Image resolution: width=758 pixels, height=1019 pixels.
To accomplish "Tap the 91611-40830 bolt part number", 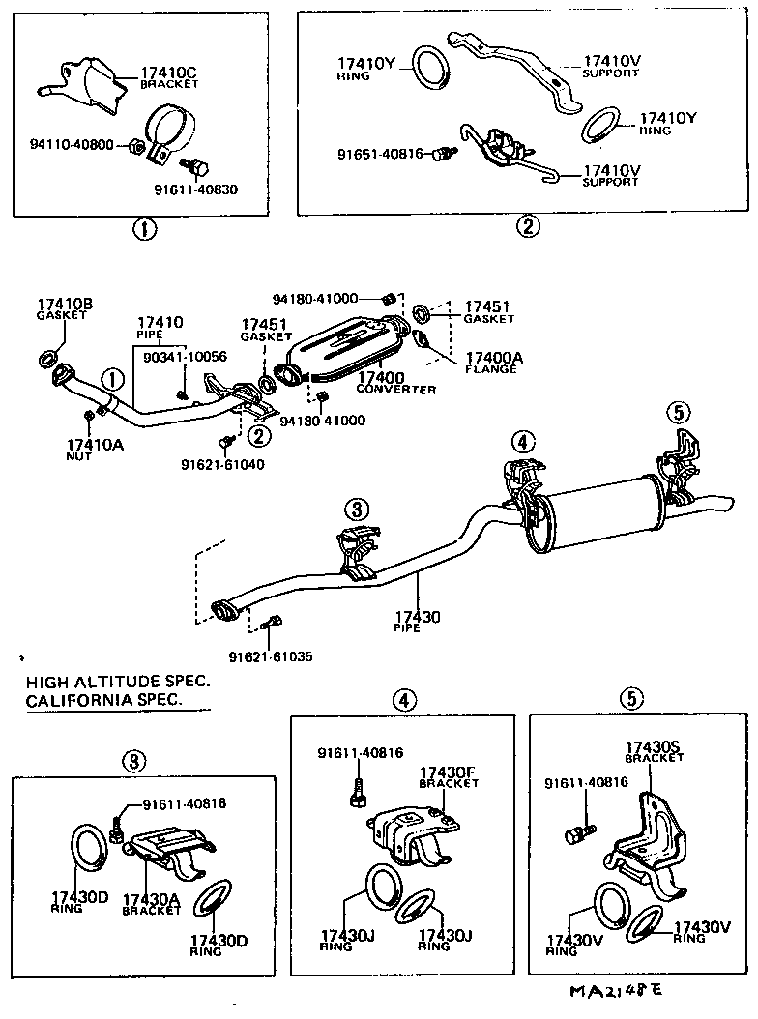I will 196,189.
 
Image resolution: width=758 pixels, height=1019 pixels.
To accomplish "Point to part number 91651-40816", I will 379,154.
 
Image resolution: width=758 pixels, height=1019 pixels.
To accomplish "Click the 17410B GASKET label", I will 65,309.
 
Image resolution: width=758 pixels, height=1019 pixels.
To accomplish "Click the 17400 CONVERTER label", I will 395,383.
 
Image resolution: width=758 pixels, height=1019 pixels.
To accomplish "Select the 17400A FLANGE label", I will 493,363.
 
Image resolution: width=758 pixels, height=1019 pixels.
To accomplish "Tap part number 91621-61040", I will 221,464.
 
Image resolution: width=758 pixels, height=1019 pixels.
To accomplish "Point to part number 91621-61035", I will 270,656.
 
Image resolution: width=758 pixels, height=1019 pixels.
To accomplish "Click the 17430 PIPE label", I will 417,621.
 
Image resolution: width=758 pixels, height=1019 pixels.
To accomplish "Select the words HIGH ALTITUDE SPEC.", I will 118,682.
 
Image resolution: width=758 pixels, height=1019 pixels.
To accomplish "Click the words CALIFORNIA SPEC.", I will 103,700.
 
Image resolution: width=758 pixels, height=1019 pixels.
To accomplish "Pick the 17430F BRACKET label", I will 448,777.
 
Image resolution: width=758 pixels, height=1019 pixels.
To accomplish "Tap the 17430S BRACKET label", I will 654,752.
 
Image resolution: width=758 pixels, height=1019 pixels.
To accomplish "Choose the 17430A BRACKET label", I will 151,904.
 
